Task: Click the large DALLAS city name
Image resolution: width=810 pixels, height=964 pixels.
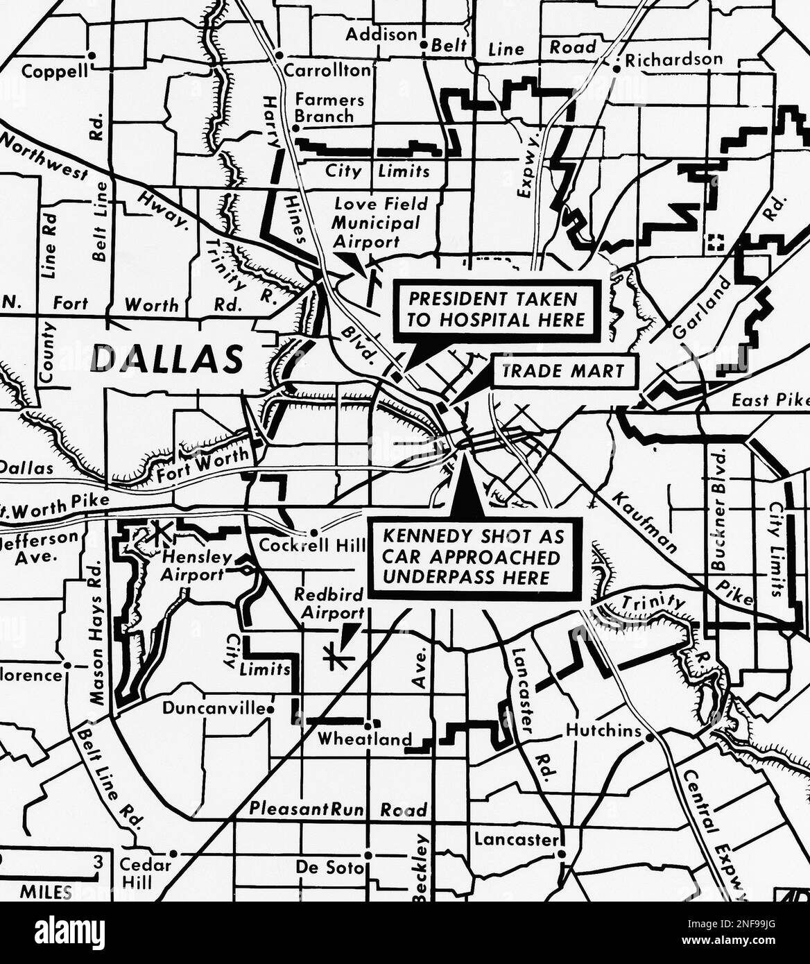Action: pos(167,358)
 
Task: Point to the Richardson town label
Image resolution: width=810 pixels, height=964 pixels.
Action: pos(673,60)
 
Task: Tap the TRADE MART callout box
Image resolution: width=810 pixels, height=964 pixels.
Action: pos(563,371)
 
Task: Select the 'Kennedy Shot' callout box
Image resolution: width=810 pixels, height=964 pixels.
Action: pos(474,557)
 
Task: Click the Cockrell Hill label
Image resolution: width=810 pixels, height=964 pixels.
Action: pos(312,545)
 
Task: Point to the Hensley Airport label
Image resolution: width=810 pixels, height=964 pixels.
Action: pos(196,566)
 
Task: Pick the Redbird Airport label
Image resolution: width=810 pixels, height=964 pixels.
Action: pos(329,603)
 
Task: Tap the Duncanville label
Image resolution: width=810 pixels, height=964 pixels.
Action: pos(214,708)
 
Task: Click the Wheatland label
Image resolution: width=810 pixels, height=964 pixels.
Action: pos(364,739)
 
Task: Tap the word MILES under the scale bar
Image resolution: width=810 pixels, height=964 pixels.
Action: pos(46,892)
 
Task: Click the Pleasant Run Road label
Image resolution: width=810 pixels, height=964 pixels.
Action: pos(338,809)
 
